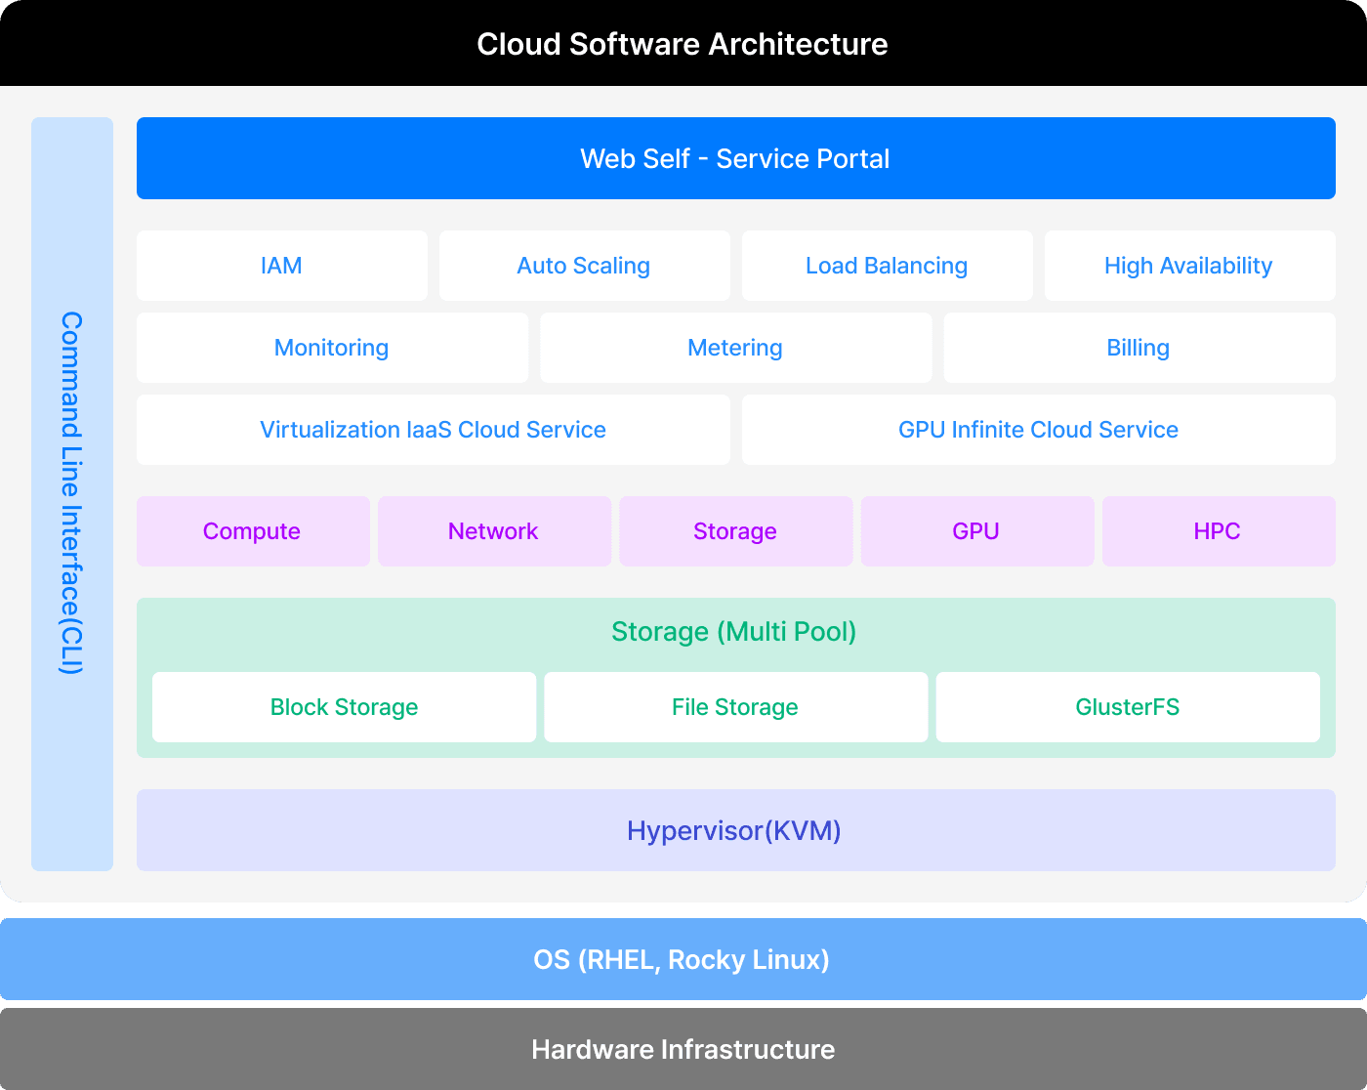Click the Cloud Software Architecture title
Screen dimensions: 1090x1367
coord(683,44)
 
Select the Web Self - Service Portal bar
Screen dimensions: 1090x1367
coord(735,158)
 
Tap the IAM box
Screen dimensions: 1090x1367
coord(281,266)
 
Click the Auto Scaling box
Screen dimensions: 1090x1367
coord(584,266)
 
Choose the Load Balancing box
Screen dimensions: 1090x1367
coord(887,266)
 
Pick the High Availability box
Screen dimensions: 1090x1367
coord(1188,266)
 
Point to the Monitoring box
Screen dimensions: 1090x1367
coord(332,348)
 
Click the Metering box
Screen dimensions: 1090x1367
coord(735,348)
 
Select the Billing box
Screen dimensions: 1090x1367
coord(1139,348)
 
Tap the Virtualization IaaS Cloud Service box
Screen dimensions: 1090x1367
coord(433,430)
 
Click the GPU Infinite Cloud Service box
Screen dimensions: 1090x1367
coord(1038,430)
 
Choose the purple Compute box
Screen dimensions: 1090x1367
coord(252,531)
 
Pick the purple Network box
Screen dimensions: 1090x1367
coord(493,531)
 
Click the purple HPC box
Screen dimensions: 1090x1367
coord(1218,531)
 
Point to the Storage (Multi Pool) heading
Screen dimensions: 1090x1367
coord(734,632)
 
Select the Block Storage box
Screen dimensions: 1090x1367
coord(344,707)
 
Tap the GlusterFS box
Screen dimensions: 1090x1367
coord(1128,707)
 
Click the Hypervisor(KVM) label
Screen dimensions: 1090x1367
coord(734,830)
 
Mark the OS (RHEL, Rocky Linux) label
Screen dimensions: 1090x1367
coord(682,959)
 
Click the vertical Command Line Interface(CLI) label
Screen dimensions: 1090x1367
coord(71,493)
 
